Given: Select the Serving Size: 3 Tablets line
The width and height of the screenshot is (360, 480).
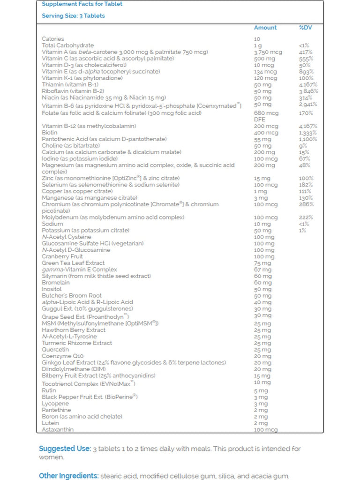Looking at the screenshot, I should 73,16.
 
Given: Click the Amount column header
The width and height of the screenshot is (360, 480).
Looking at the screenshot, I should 265,28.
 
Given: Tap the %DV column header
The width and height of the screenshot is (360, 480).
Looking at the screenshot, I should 305,28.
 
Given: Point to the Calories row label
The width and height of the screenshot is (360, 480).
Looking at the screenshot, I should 53,39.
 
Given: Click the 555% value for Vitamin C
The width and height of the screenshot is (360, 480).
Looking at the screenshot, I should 306,59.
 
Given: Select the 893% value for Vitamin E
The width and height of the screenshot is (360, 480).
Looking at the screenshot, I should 306,72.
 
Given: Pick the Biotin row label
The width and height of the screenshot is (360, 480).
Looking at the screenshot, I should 49,133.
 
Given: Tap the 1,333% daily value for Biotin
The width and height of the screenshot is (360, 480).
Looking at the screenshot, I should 307,133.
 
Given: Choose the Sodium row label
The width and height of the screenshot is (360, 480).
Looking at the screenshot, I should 52,224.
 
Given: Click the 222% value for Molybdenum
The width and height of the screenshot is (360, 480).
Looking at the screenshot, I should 306,217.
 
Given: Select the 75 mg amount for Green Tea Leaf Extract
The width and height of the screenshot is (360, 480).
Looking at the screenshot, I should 262,263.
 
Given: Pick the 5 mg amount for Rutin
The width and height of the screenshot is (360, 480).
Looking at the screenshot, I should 261,390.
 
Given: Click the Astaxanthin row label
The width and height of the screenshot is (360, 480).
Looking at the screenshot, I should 58,429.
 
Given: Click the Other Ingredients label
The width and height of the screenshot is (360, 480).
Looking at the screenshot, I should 68,476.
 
